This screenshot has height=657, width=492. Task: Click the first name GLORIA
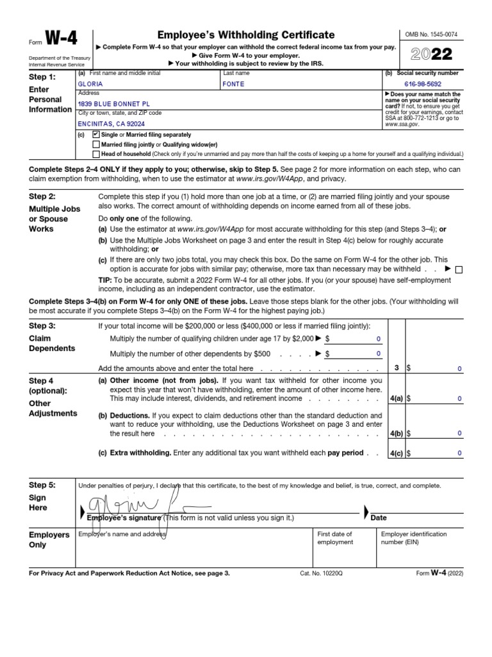click(x=90, y=84)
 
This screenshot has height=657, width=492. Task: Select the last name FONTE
click(x=233, y=84)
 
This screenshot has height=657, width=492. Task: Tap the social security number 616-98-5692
click(x=422, y=84)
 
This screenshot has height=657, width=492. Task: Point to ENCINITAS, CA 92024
click(x=111, y=124)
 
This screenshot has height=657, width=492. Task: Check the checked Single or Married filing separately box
click(x=96, y=135)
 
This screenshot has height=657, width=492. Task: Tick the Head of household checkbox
click(x=96, y=154)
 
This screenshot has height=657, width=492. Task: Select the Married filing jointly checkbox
click(x=96, y=144)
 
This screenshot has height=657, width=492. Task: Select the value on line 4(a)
click(x=459, y=398)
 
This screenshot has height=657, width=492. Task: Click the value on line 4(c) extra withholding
click(x=459, y=453)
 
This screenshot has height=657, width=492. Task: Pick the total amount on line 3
click(x=459, y=368)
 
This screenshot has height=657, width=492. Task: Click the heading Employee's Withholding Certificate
click(x=245, y=35)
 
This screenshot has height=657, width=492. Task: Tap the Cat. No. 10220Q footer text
click(x=321, y=573)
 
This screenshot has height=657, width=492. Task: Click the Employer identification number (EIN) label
click(x=414, y=538)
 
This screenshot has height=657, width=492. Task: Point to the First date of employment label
click(x=335, y=538)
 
